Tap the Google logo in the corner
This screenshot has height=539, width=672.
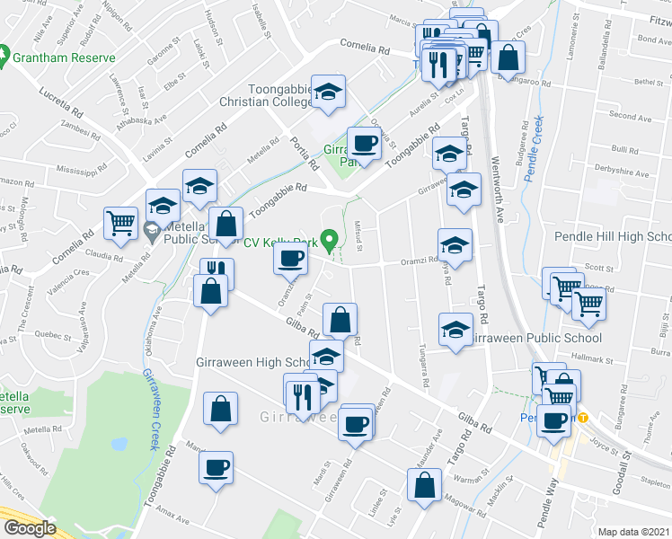30,528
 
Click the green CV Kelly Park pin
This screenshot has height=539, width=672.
330,240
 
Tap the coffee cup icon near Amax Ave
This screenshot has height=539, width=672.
217,467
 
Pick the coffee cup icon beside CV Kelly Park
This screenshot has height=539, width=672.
290,259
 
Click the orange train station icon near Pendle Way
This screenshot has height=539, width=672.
582,418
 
